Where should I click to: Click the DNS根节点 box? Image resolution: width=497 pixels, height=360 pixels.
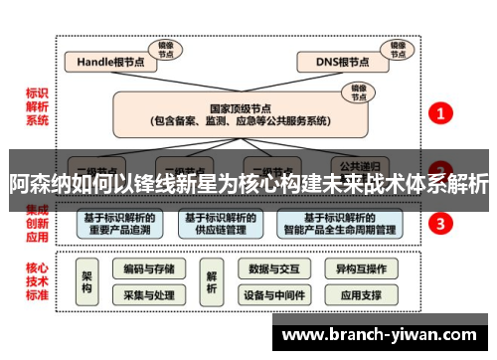[x=340, y=63]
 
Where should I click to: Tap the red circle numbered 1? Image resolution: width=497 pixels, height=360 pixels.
[x=440, y=113]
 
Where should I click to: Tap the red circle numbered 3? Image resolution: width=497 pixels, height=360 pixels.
[x=440, y=223]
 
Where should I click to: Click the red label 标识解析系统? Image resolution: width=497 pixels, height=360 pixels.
[x=36, y=106]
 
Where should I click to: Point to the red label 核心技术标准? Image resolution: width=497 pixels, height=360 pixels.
[x=36, y=281]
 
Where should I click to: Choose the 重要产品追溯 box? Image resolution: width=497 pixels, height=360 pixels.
[x=118, y=224]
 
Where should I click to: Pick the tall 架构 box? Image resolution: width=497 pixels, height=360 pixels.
[x=86, y=281]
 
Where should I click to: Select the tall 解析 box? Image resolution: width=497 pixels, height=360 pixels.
[x=211, y=281]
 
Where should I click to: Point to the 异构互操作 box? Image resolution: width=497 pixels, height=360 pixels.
[x=360, y=269]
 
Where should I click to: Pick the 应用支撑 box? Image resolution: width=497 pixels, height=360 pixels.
[x=360, y=295]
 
